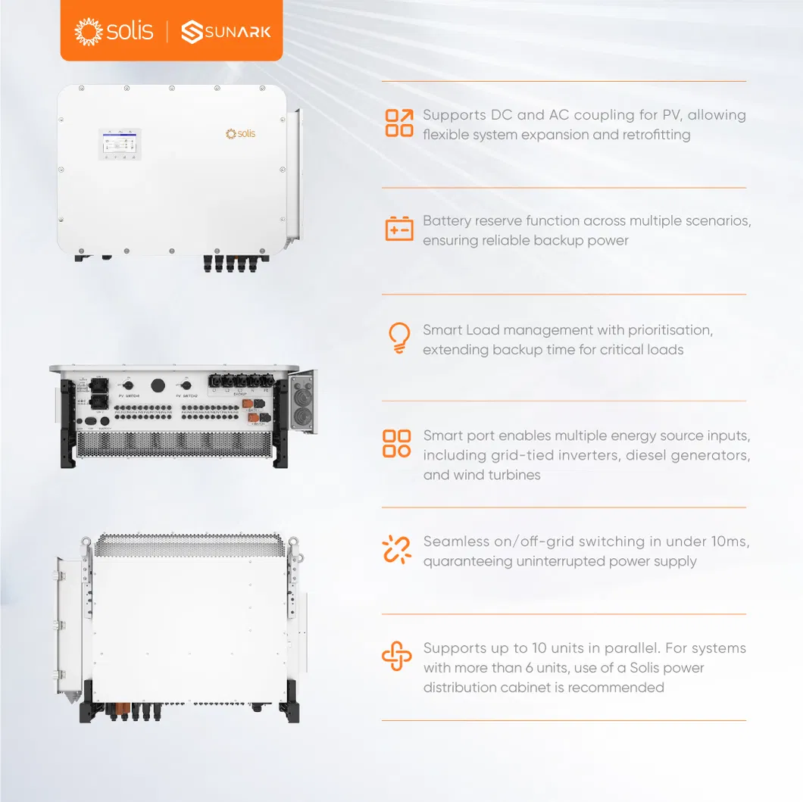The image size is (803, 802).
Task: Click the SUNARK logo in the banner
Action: pos(226,32)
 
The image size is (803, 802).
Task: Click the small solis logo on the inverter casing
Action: pos(241,134)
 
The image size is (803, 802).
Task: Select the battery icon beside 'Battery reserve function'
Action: pos(399,229)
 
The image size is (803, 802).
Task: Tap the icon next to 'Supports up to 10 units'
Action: pos(397,656)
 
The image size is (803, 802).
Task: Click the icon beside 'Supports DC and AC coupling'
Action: pos(399,123)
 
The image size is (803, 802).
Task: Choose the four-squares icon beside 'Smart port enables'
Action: pos(397,444)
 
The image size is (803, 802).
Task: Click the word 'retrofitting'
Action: pos(654,135)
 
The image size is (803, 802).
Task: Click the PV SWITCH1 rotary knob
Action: pos(127,385)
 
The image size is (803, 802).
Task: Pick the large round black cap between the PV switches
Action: pos(158,385)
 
